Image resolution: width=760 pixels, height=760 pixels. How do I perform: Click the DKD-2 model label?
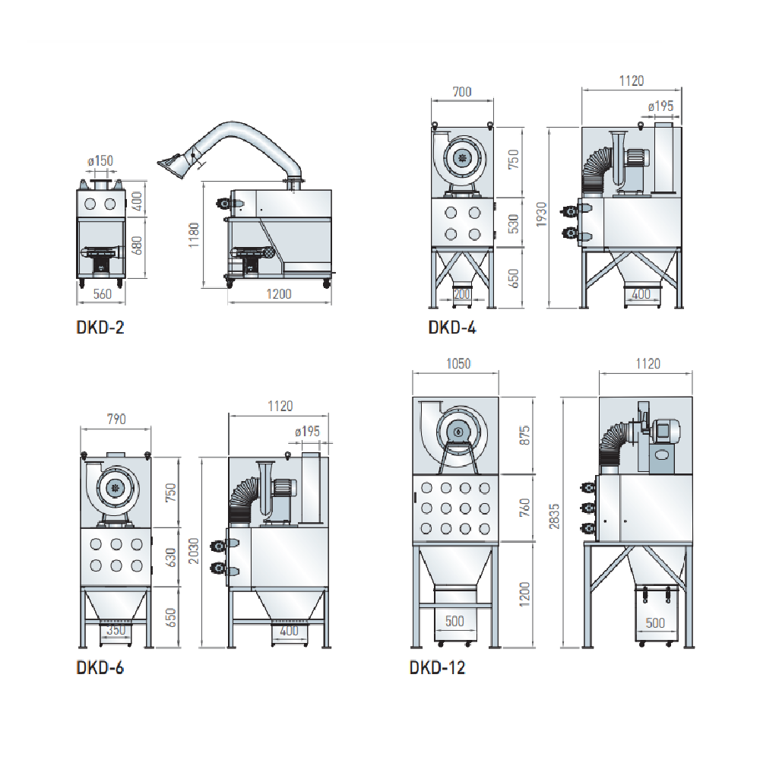click(x=100, y=329)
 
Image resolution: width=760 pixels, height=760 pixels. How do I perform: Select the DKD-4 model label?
click(x=451, y=328)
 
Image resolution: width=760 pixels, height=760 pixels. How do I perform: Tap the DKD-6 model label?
click(x=100, y=668)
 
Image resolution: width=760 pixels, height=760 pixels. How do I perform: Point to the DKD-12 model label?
click(x=437, y=668)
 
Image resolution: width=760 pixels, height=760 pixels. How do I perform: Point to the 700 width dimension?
click(x=461, y=92)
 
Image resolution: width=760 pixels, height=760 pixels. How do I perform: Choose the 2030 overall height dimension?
click(x=193, y=552)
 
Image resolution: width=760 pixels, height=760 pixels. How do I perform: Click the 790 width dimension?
click(x=116, y=418)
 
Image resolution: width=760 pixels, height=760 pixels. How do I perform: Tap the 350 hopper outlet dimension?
click(x=116, y=630)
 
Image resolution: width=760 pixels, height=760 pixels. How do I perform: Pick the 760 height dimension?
click(x=523, y=506)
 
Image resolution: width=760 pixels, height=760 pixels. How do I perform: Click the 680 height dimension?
click(x=138, y=245)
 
